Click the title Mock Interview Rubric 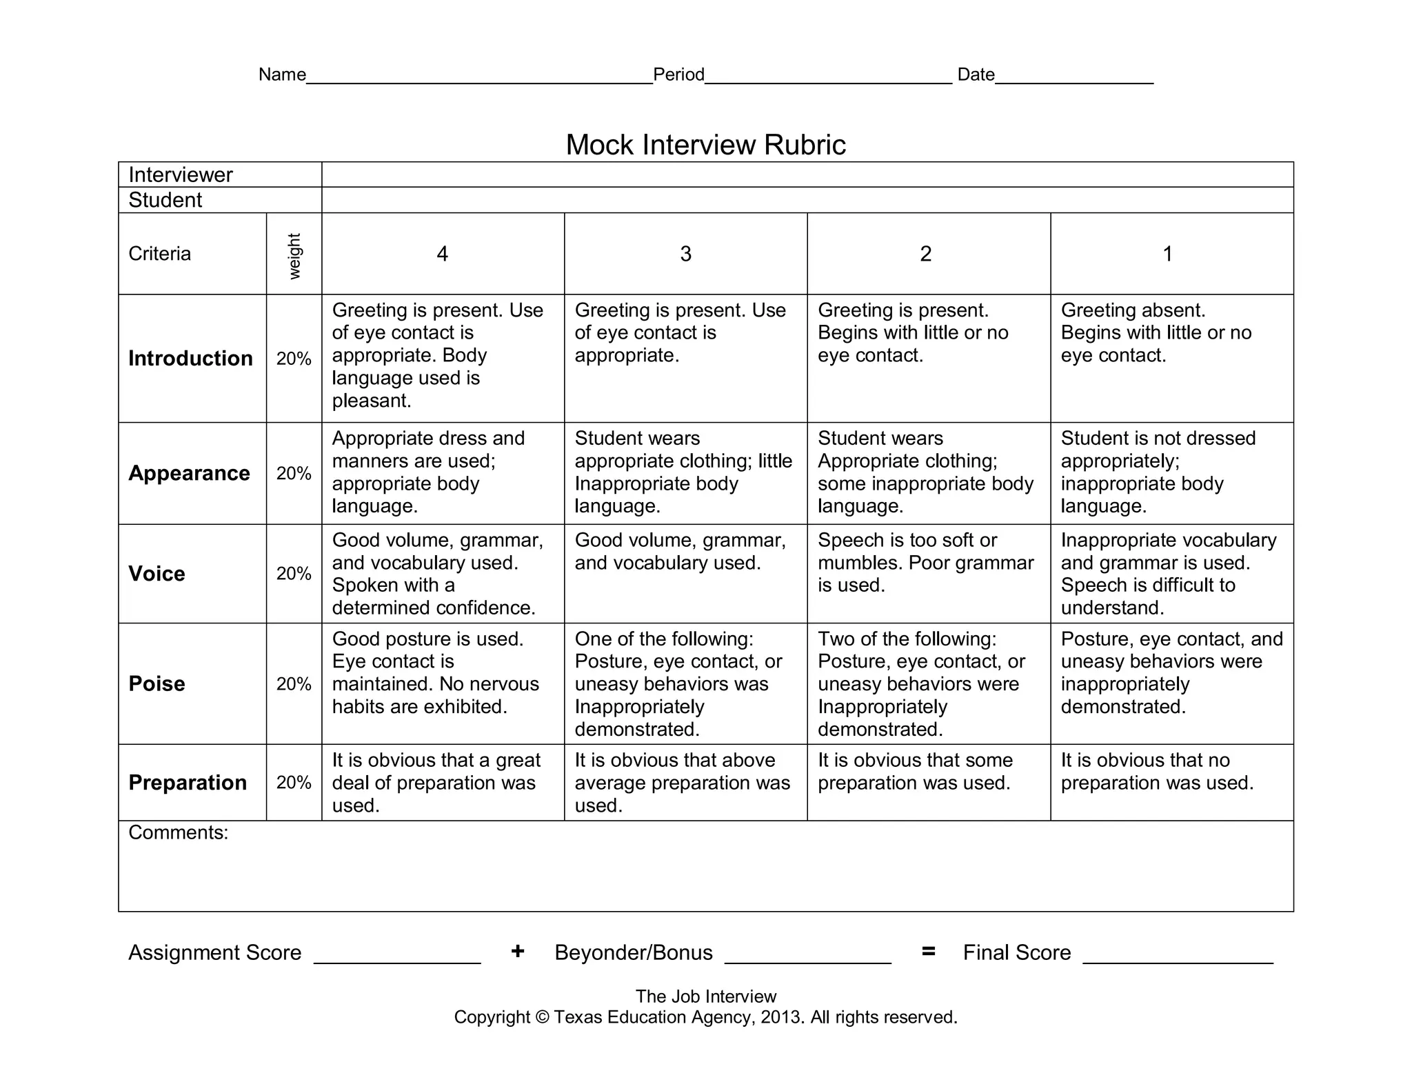click(x=705, y=145)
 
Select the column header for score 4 click(x=443, y=254)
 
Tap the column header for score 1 click(x=1167, y=254)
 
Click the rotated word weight click(x=294, y=256)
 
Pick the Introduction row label click(x=190, y=358)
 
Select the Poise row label click(x=157, y=683)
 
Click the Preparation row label click(x=188, y=782)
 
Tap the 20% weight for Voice click(x=294, y=573)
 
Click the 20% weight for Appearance click(x=294, y=473)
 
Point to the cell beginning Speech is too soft click(x=925, y=562)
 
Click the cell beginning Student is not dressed click(x=1158, y=472)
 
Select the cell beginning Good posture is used click(x=435, y=672)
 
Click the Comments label click(x=178, y=832)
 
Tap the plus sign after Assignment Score click(x=518, y=952)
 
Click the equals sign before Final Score click(x=928, y=952)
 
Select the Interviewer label click(x=181, y=174)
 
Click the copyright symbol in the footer click(x=542, y=1017)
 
